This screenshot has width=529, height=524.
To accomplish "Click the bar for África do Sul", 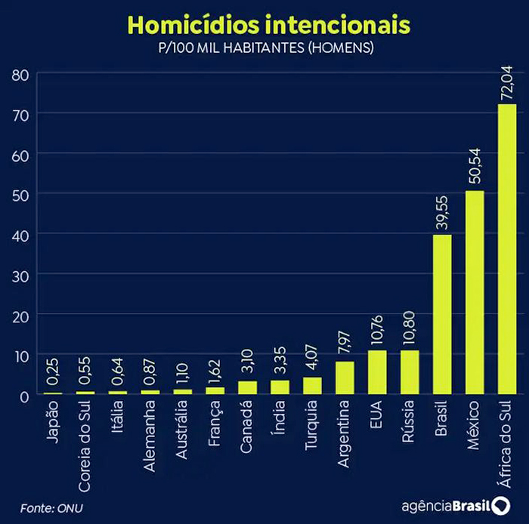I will click(506, 249).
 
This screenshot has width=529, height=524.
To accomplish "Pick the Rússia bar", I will click(410, 372).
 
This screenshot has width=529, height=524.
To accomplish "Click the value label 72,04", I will click(507, 82).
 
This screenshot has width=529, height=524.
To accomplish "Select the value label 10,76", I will click(377, 328).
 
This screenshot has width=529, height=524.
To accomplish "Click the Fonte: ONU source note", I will click(51, 506).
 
